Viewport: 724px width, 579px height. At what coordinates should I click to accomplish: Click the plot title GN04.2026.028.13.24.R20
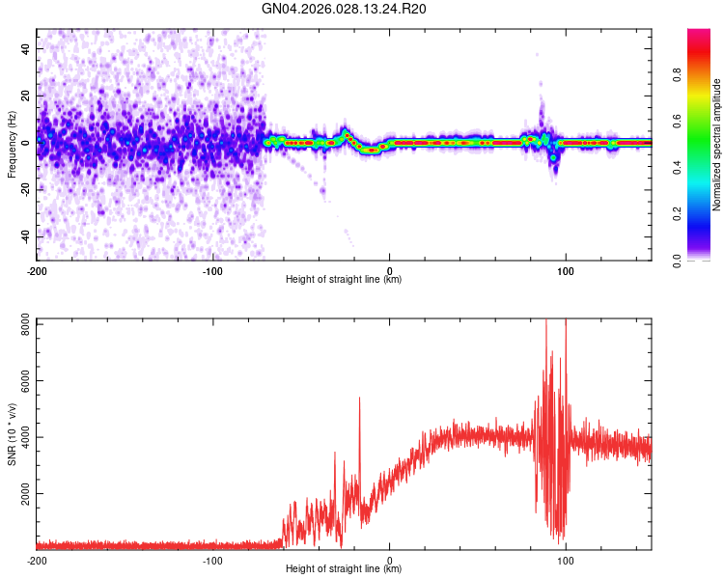[x=345, y=9]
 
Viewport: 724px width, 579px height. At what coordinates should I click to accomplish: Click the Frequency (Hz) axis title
[x=12, y=144]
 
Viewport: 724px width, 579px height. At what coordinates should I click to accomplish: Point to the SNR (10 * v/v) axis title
[x=12, y=433]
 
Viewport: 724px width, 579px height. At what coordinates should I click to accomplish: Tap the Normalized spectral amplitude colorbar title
[x=717, y=144]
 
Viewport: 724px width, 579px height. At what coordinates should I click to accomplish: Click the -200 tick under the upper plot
[x=37, y=270]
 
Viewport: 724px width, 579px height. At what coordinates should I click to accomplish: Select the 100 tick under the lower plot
[x=566, y=560]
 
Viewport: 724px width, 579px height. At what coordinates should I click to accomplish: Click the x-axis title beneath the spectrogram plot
[x=344, y=280]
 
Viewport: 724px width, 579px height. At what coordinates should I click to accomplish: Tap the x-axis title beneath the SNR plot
[x=344, y=569]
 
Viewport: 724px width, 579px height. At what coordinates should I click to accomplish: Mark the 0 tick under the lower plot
[x=390, y=560]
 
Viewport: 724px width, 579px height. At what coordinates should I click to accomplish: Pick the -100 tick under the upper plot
[x=213, y=270]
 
